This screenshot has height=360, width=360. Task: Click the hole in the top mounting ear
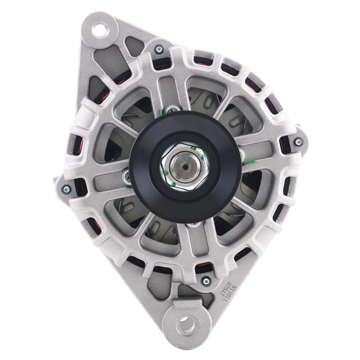point(100,30)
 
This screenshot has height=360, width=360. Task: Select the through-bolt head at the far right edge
point(298,142)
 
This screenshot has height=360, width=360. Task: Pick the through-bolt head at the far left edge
point(68,187)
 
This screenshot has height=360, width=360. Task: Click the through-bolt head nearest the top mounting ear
point(159,48)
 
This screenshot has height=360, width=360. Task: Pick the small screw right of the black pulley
point(240,152)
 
